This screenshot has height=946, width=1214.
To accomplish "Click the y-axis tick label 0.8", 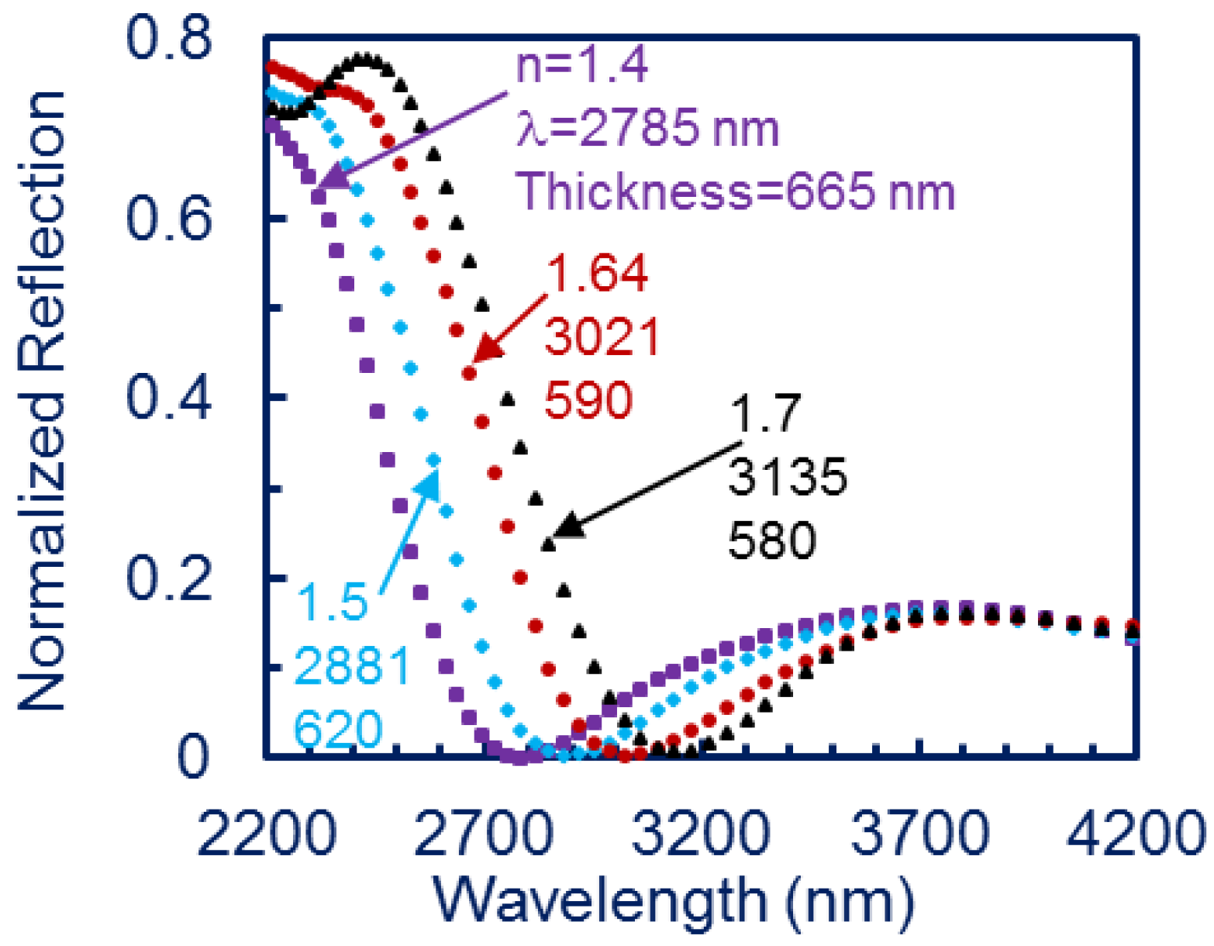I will coord(168,39).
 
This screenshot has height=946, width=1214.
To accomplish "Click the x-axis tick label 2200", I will coord(267,834).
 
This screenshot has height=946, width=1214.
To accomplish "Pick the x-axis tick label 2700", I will coord(484,834).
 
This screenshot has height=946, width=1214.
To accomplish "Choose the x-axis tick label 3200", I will coord(701,834).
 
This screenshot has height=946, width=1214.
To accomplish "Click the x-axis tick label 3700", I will coord(919,834).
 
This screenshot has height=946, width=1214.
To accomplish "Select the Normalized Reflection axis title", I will coord(43,399).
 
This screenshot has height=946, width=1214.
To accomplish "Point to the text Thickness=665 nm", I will coord(735,191).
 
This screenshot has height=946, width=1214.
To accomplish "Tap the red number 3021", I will coord(602,337).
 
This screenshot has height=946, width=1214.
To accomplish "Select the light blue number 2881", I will coord(352,665).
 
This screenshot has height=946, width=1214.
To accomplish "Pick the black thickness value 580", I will coord(772,540).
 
